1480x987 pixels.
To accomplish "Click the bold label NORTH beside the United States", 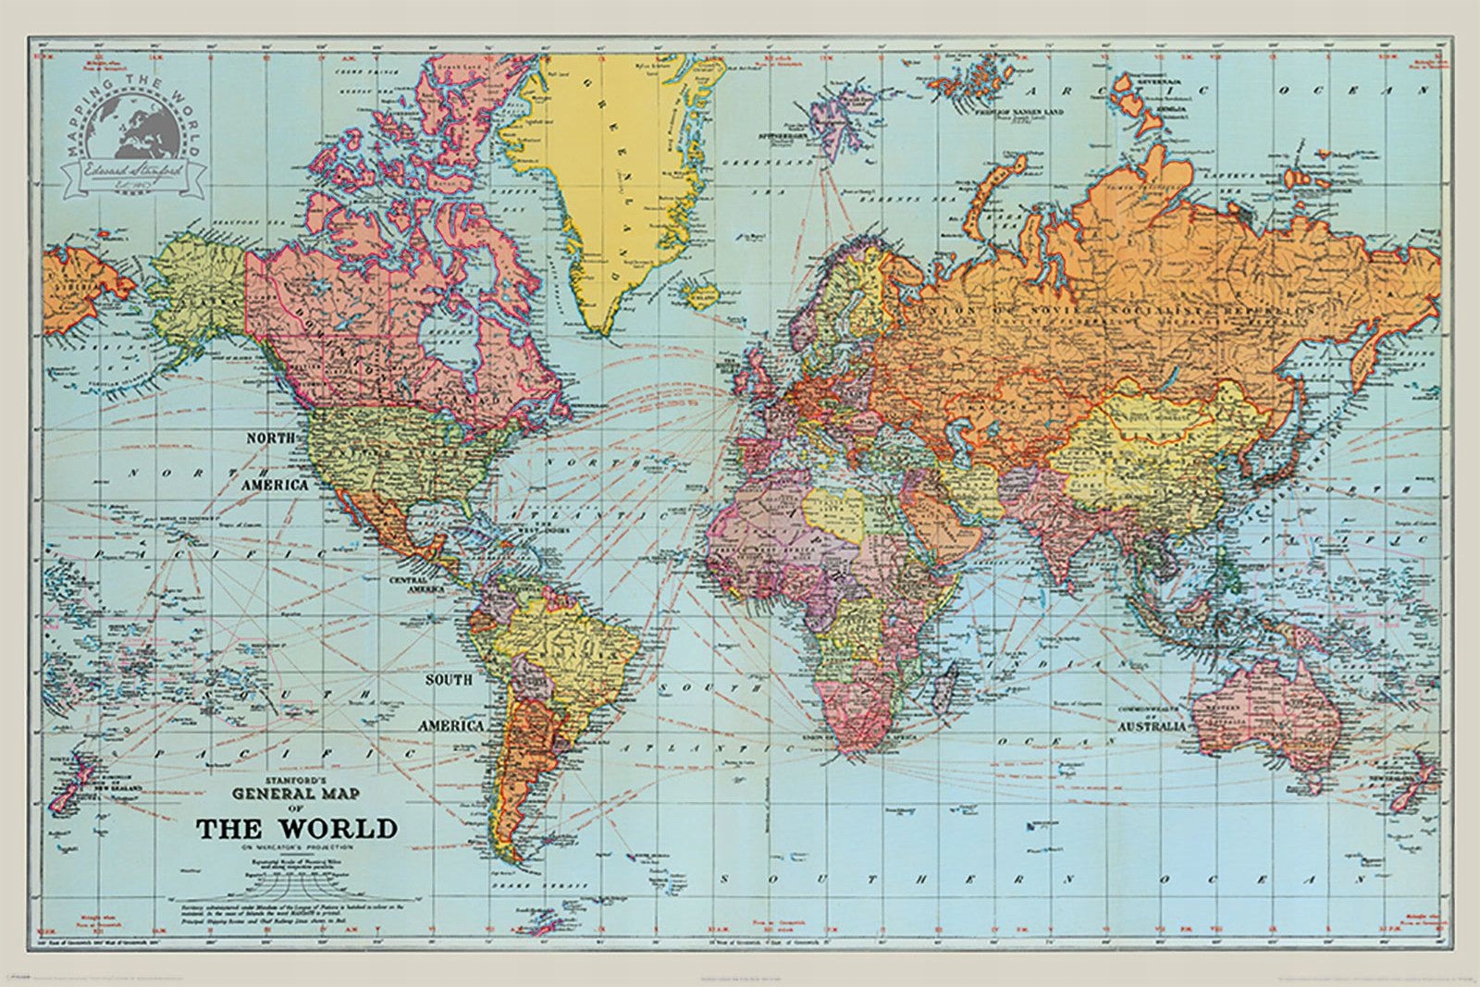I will [x=270, y=437].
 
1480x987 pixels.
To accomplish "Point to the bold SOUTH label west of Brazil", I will [x=449, y=679].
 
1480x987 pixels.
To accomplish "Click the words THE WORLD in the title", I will [x=297, y=827].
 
